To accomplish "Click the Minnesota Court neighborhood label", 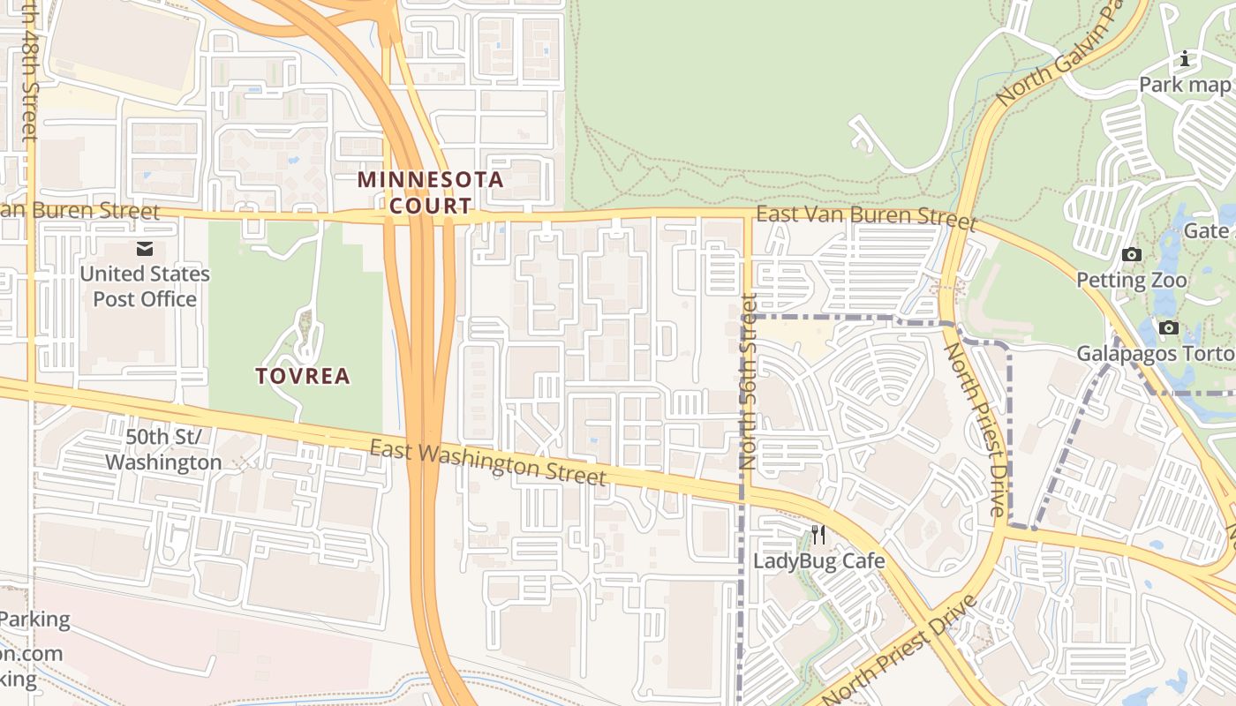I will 430,192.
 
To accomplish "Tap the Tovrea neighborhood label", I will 303,376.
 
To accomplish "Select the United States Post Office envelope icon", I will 144,250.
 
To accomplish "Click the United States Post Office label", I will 145,286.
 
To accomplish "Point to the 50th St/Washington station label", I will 163,449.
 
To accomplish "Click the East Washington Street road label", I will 487,463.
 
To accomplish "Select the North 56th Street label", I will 750,381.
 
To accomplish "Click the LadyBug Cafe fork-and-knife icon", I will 818,534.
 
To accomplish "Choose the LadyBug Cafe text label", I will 818,560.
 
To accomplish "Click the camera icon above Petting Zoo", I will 1131,255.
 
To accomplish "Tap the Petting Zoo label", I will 1131,281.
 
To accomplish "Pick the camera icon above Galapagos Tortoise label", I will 1169,328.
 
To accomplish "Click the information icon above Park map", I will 1185,59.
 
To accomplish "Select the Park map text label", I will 1184,85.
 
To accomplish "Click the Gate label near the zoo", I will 1206,230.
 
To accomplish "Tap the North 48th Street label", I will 29,71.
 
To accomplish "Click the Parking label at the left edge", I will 35,619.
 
